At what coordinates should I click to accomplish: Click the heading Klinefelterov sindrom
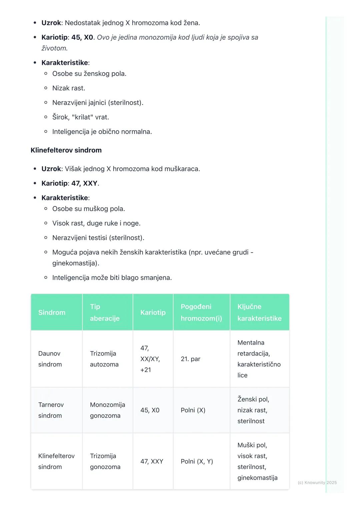click(66, 150)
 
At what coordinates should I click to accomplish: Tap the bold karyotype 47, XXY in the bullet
click(84, 183)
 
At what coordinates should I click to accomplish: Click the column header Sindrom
click(52, 312)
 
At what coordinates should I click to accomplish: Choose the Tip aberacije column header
click(105, 312)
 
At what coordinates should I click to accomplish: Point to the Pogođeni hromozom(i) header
click(201, 312)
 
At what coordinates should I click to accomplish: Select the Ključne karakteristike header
click(259, 312)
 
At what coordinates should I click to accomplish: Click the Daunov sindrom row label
click(50, 359)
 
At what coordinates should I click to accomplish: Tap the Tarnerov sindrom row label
click(51, 410)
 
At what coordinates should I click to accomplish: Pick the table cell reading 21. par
click(190, 359)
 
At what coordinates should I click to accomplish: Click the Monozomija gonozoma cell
click(107, 410)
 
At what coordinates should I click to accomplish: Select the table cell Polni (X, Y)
click(197, 461)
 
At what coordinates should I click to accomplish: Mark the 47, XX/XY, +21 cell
click(150, 359)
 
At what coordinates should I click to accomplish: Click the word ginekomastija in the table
click(257, 478)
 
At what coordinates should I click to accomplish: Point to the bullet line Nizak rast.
click(69, 88)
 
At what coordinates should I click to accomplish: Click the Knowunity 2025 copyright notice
click(317, 482)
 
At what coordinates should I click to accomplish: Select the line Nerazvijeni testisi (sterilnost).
click(98, 238)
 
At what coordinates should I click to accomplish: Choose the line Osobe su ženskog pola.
click(89, 74)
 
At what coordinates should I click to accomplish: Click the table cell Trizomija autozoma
click(104, 359)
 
